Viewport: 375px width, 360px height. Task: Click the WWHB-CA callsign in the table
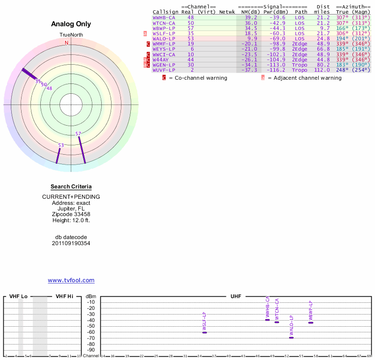click(164, 17)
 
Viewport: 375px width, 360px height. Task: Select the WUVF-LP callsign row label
click(164, 70)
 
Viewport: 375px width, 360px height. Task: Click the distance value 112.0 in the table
click(322, 70)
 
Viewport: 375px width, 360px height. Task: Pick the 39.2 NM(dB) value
click(251, 17)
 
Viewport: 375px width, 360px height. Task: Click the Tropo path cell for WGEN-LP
click(301, 65)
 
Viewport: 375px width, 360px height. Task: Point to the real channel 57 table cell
click(191, 28)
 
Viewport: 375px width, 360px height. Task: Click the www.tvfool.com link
click(71, 280)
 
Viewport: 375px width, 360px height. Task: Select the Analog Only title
click(71, 24)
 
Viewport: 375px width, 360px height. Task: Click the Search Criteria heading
click(71, 187)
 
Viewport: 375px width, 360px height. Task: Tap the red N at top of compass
click(67, 43)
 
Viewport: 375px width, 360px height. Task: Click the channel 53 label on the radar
click(61, 145)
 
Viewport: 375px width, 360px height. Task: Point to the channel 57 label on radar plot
click(78, 134)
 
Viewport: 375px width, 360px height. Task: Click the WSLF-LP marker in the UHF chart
click(204, 332)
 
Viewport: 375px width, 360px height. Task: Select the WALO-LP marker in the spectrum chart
click(291, 337)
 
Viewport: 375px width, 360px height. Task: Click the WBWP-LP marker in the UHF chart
click(311, 322)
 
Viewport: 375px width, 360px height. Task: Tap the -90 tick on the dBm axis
click(91, 350)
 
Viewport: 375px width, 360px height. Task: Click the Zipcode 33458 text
click(71, 214)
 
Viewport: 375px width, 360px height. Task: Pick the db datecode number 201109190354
click(71, 243)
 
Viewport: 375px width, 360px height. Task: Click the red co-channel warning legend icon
click(164, 78)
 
